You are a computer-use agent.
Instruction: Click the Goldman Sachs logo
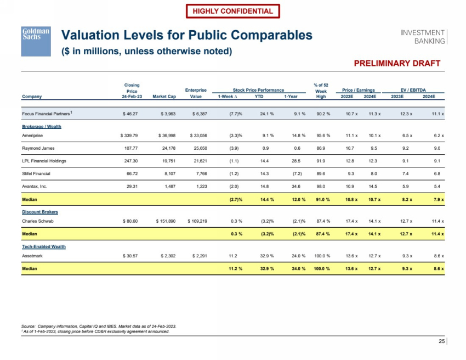pos(36,41)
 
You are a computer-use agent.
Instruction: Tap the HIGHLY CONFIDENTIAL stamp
pos(233,11)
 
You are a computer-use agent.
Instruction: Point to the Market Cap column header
pos(163,96)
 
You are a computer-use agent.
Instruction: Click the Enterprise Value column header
pos(196,93)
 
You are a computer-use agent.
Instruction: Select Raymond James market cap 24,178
pos(164,148)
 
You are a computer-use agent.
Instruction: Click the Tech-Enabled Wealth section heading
pos(44,246)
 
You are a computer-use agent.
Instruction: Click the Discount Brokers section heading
pos(40,212)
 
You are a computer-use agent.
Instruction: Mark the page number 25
pos(441,342)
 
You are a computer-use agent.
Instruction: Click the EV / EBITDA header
pos(417,89)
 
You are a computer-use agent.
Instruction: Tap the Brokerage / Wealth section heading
pos(42,126)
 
